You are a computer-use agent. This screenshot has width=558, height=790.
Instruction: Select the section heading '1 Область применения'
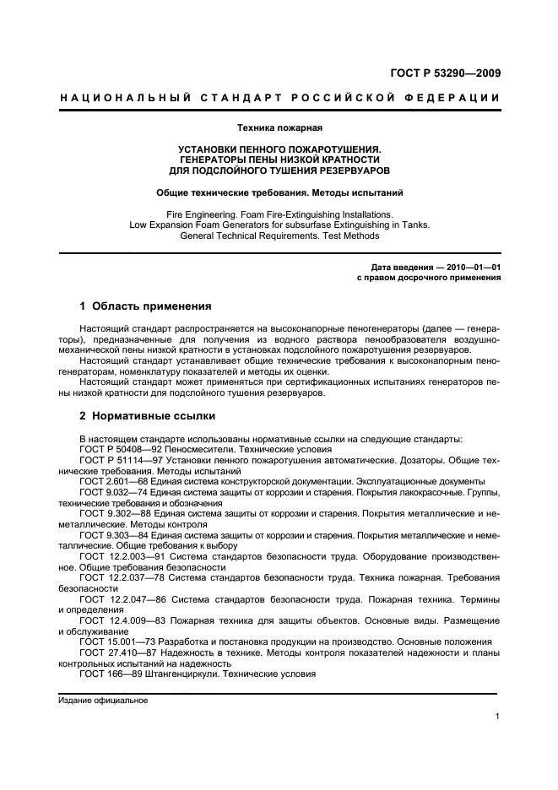tap(144, 306)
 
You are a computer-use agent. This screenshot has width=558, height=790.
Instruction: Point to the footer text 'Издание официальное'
tap(103, 701)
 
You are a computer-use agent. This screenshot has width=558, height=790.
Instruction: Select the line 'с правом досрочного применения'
tap(428, 278)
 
